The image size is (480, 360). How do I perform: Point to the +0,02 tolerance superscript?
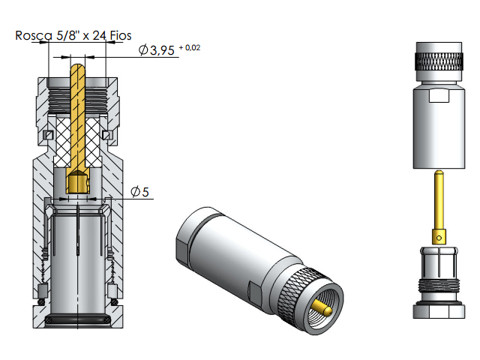click(189, 47)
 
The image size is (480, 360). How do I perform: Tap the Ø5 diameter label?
click(140, 192)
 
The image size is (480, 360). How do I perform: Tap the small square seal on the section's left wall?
click(46, 135)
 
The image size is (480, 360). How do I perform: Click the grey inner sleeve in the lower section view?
click(76, 255)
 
